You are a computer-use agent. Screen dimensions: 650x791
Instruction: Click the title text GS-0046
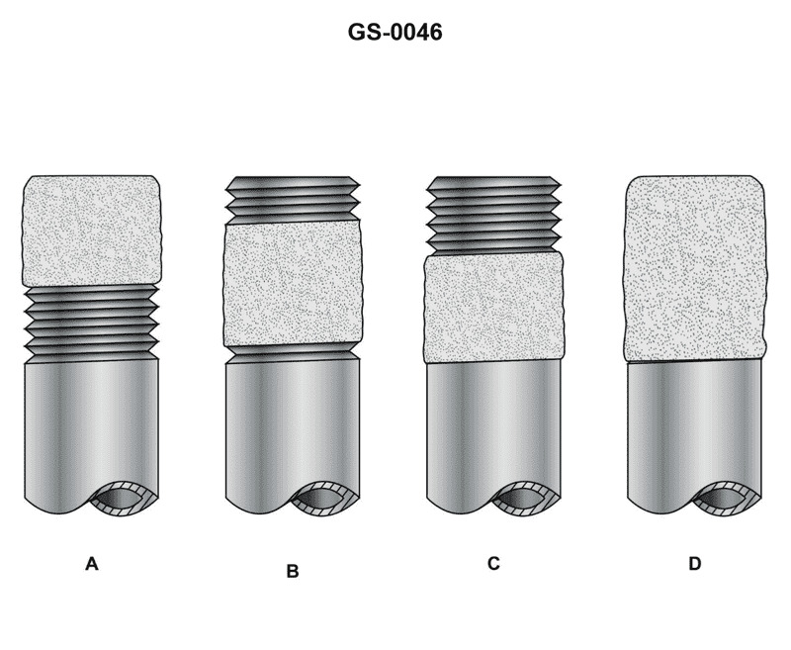point(395,33)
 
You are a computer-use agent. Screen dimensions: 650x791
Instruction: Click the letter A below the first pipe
point(92,564)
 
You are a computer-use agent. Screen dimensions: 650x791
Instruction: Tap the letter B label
point(292,571)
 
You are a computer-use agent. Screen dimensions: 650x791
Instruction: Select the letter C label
point(493,564)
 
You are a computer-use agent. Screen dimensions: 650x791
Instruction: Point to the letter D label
point(694,564)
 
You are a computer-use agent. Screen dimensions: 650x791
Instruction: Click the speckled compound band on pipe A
point(91,231)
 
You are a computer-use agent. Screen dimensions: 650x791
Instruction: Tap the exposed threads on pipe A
point(91,322)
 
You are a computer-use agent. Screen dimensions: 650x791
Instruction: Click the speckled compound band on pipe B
point(292,283)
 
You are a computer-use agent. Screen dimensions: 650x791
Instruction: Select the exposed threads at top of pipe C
point(491,214)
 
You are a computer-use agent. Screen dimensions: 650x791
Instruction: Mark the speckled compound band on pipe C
point(493,308)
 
